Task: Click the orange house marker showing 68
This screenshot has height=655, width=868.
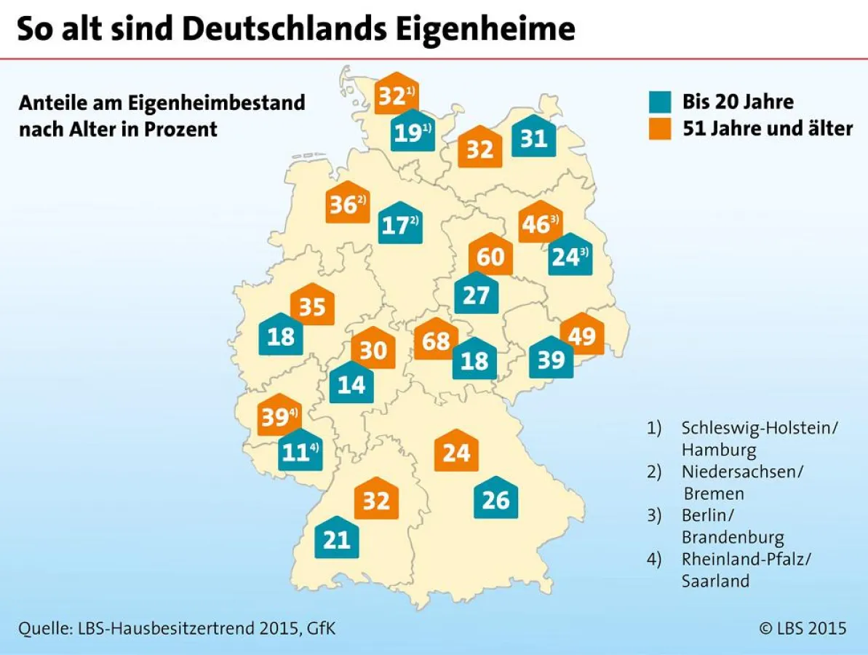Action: coord(436,341)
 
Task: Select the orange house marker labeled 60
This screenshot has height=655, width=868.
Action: coord(490,256)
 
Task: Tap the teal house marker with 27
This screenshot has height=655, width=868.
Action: coord(477,294)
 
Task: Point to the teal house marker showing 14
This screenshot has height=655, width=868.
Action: coord(351,384)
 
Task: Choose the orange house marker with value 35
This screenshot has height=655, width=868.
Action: coord(312,306)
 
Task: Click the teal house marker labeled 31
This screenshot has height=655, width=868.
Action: coord(534,138)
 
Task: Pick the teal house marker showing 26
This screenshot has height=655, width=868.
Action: coord(495,499)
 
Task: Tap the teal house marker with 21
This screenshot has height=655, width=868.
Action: coord(336,539)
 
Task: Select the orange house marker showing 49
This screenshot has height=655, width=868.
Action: coord(582,336)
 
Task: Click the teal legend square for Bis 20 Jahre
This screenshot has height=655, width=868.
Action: coord(661,101)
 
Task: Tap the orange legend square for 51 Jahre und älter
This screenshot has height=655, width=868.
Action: coord(661,128)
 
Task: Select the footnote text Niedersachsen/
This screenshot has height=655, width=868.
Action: coord(742,472)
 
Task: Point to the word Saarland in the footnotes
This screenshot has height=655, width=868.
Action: coord(714,581)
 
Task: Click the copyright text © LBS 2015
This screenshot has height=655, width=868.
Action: coord(803,627)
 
